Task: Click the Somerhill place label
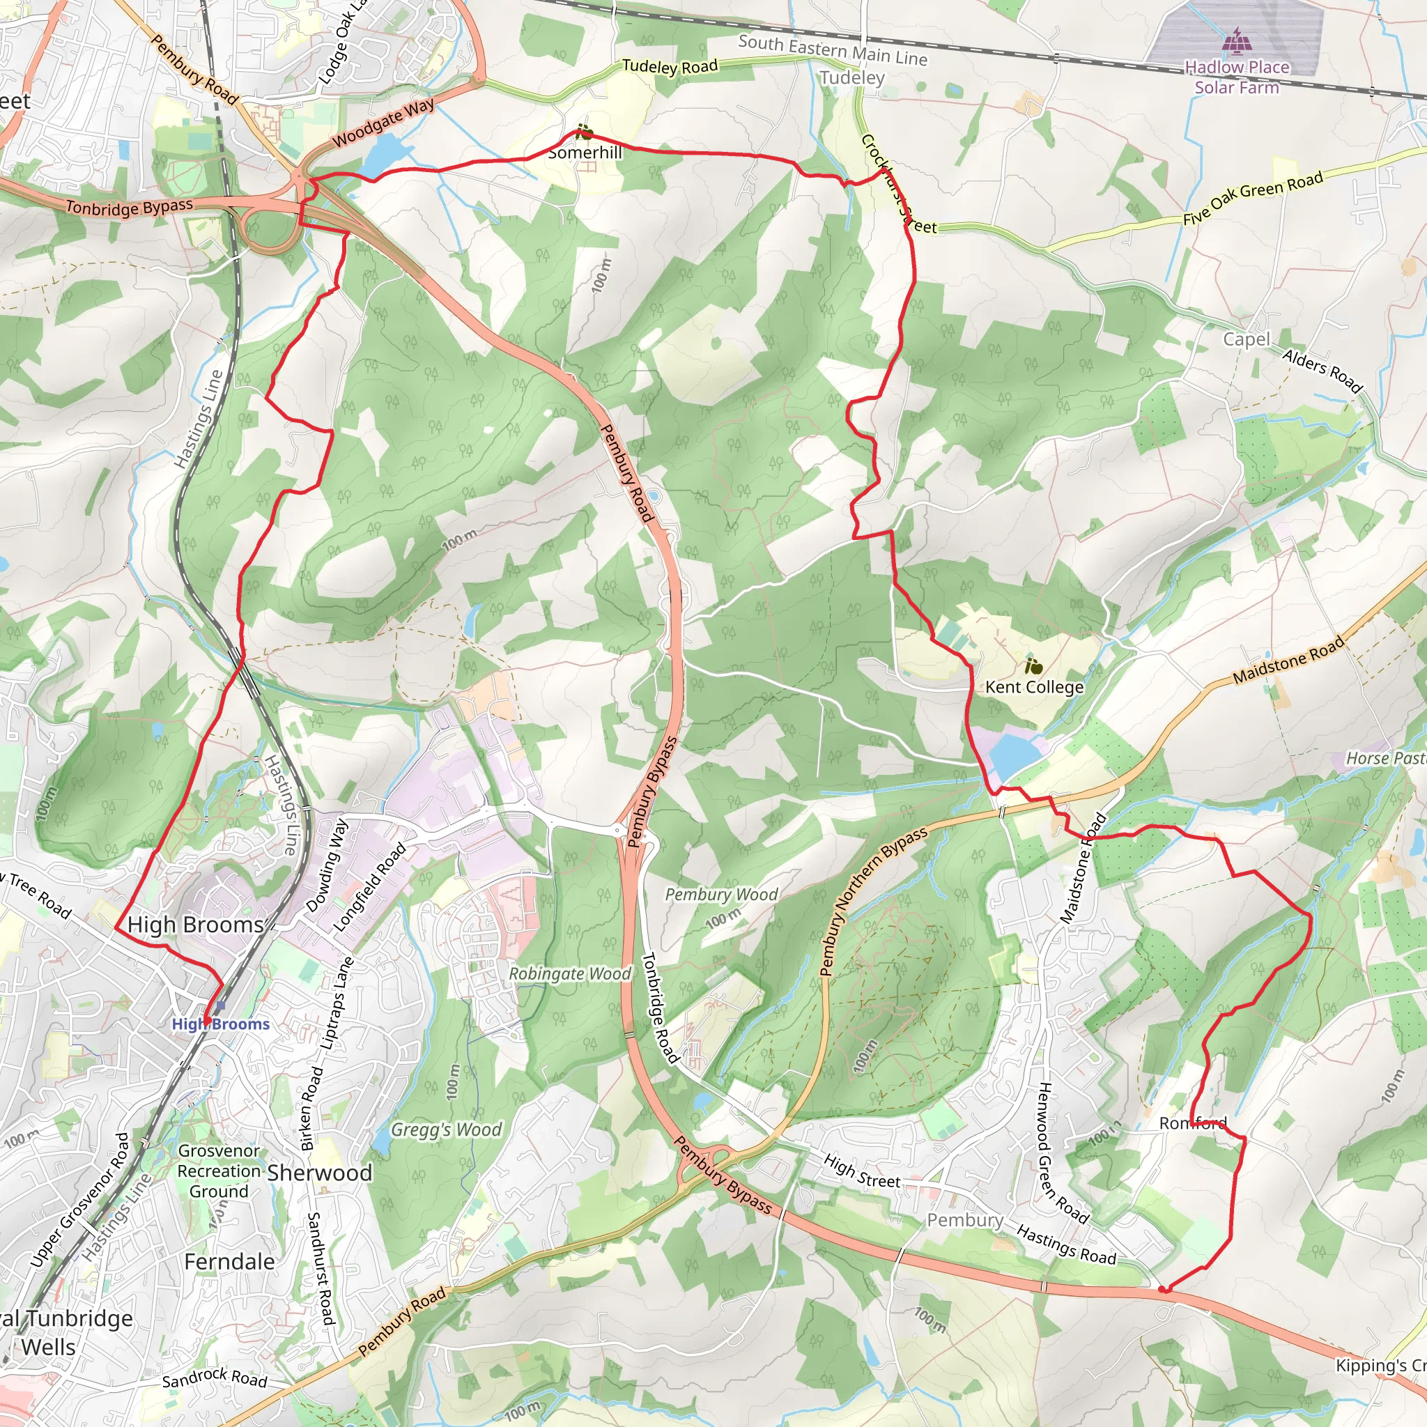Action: pos(585,153)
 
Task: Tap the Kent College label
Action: pos(1034,687)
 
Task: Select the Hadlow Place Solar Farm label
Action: pos(1237,77)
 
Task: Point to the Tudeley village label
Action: pos(852,77)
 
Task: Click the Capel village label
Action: pos(1247,340)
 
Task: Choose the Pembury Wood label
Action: pos(722,895)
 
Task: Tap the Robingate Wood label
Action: pos(569,973)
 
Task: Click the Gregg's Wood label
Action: pos(446,1129)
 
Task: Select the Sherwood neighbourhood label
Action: pos(320,1173)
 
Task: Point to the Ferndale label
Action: pos(230,1262)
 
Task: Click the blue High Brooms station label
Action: pos(221,1024)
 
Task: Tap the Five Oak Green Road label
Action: pos(1253,197)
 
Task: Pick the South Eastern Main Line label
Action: pos(833,49)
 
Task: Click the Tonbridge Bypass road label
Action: pos(130,207)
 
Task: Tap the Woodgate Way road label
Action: pos(383,123)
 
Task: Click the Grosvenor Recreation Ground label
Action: pos(219,1171)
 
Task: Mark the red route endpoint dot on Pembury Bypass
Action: pos(1164,1290)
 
